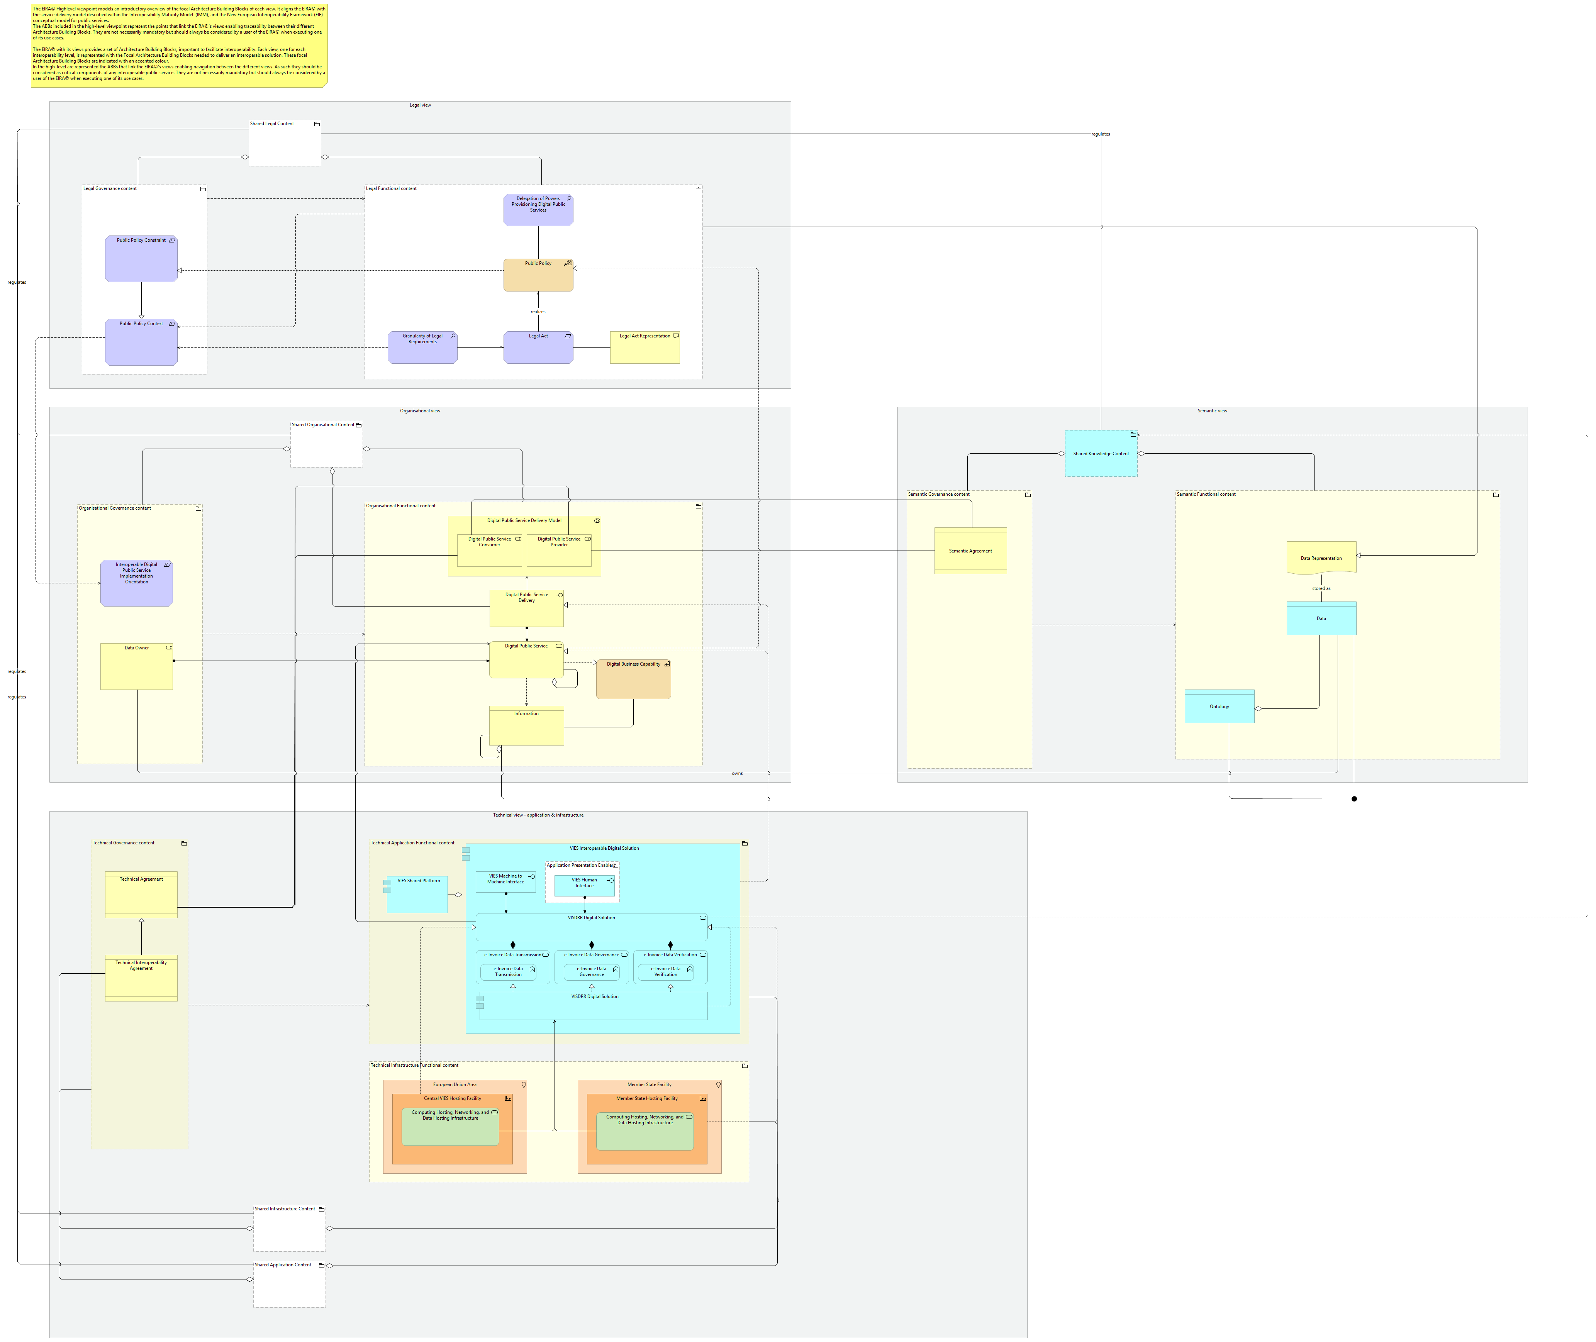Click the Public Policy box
(x=538, y=275)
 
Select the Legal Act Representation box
(x=645, y=348)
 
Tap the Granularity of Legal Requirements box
(x=422, y=348)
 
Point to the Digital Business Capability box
(x=633, y=679)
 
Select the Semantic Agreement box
(x=970, y=551)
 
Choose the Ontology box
(x=1219, y=707)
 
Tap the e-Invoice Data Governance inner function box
(x=591, y=972)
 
